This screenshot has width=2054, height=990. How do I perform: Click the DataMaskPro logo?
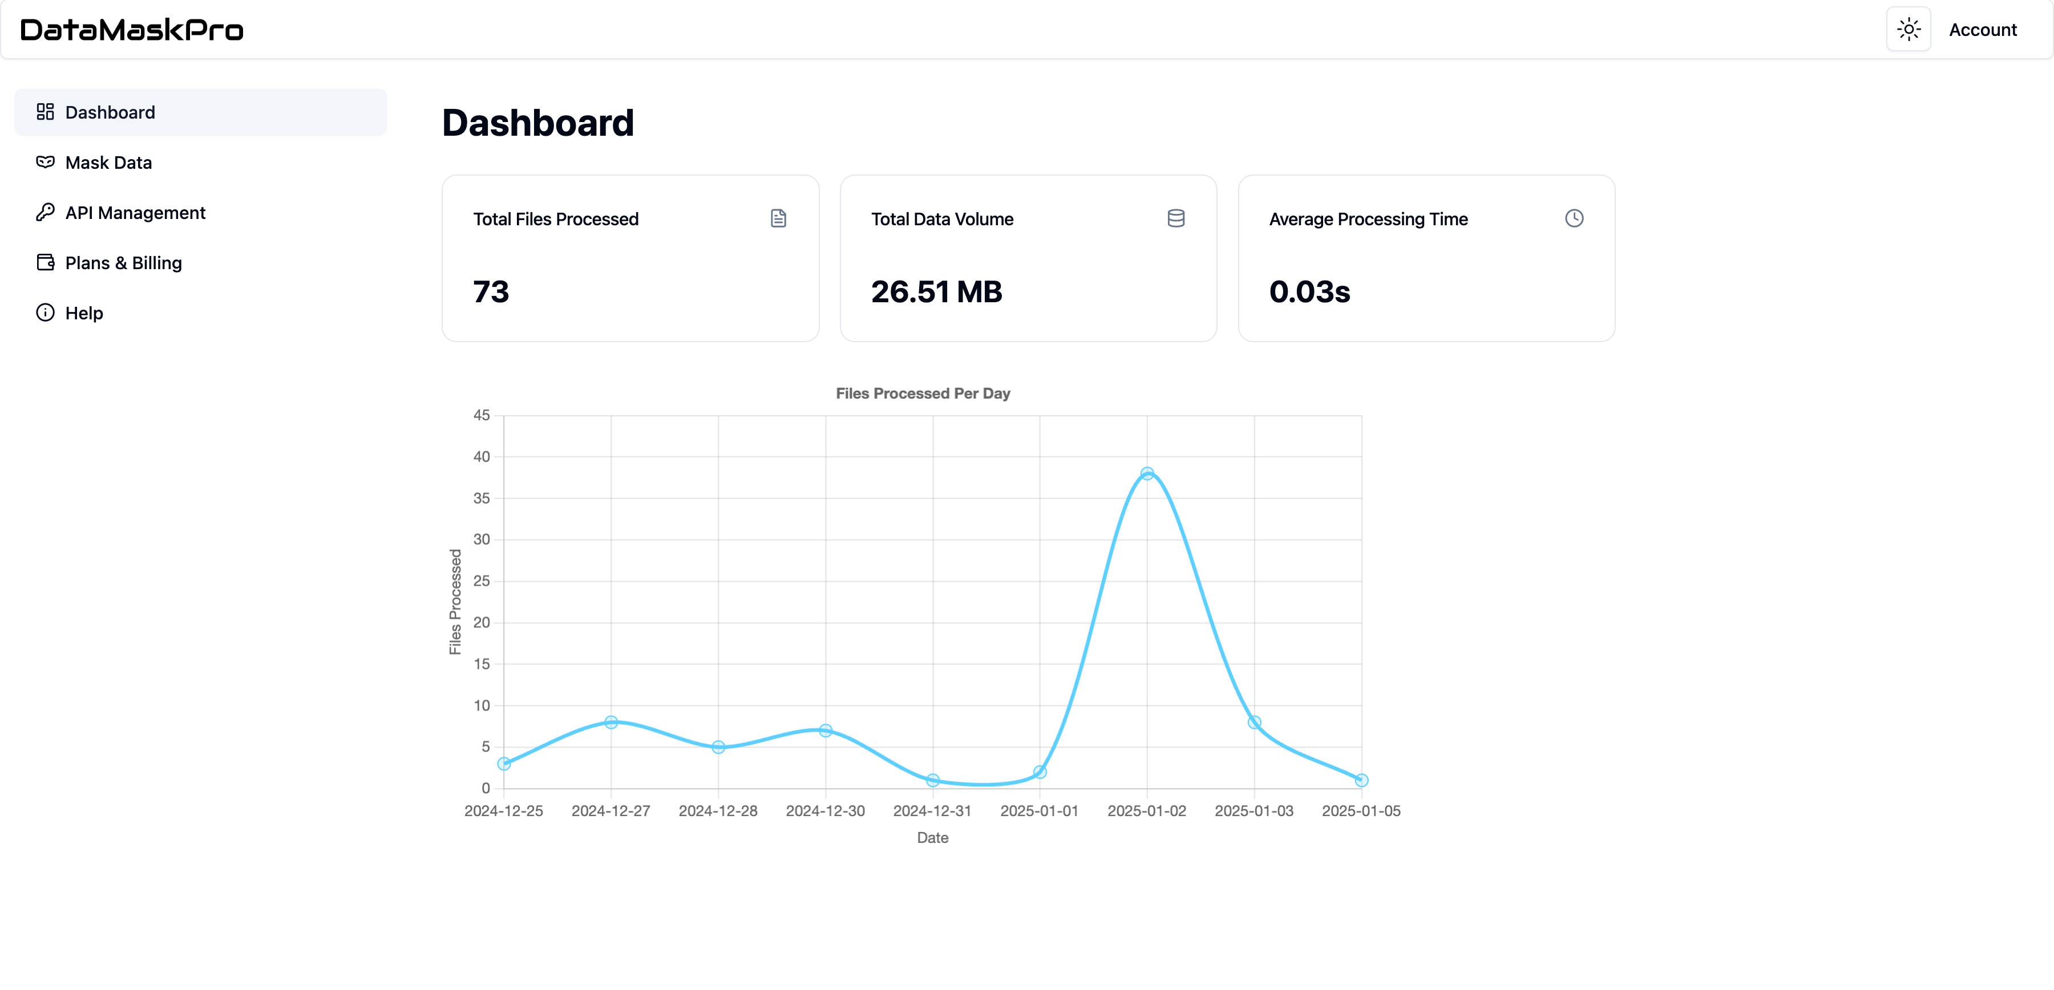pos(132,30)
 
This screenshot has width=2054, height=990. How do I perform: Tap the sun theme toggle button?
pos(1908,30)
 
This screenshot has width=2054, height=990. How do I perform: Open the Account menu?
pos(1982,30)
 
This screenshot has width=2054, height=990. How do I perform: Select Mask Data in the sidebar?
pos(108,163)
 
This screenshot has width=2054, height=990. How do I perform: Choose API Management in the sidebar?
pos(135,213)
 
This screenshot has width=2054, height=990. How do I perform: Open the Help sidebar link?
pos(84,313)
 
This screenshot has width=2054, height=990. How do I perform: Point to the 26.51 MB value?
pos(936,292)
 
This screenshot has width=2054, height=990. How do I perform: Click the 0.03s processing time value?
pos(1309,292)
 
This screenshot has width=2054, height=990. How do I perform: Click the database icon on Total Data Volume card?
pos(1175,218)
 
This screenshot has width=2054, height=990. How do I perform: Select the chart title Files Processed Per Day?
pos(923,393)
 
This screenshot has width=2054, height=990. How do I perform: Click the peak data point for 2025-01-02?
pos(1147,473)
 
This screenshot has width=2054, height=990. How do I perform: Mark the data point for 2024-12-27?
pos(610,722)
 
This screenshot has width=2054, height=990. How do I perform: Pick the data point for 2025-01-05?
pos(1361,780)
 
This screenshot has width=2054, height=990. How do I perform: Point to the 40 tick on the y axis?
pos(482,457)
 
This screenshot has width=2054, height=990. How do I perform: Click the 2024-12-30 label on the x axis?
pos(824,811)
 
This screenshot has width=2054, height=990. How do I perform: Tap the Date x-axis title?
pos(932,838)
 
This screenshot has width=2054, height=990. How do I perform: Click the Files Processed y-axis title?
pos(455,602)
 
